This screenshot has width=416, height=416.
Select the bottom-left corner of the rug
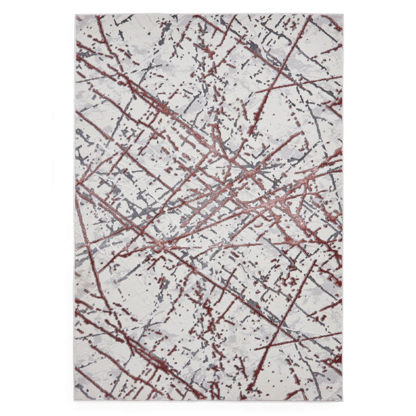click(x=74, y=404)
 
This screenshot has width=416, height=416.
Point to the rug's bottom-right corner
click(x=341, y=404)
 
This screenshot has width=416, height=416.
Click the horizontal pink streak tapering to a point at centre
click(x=230, y=245)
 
